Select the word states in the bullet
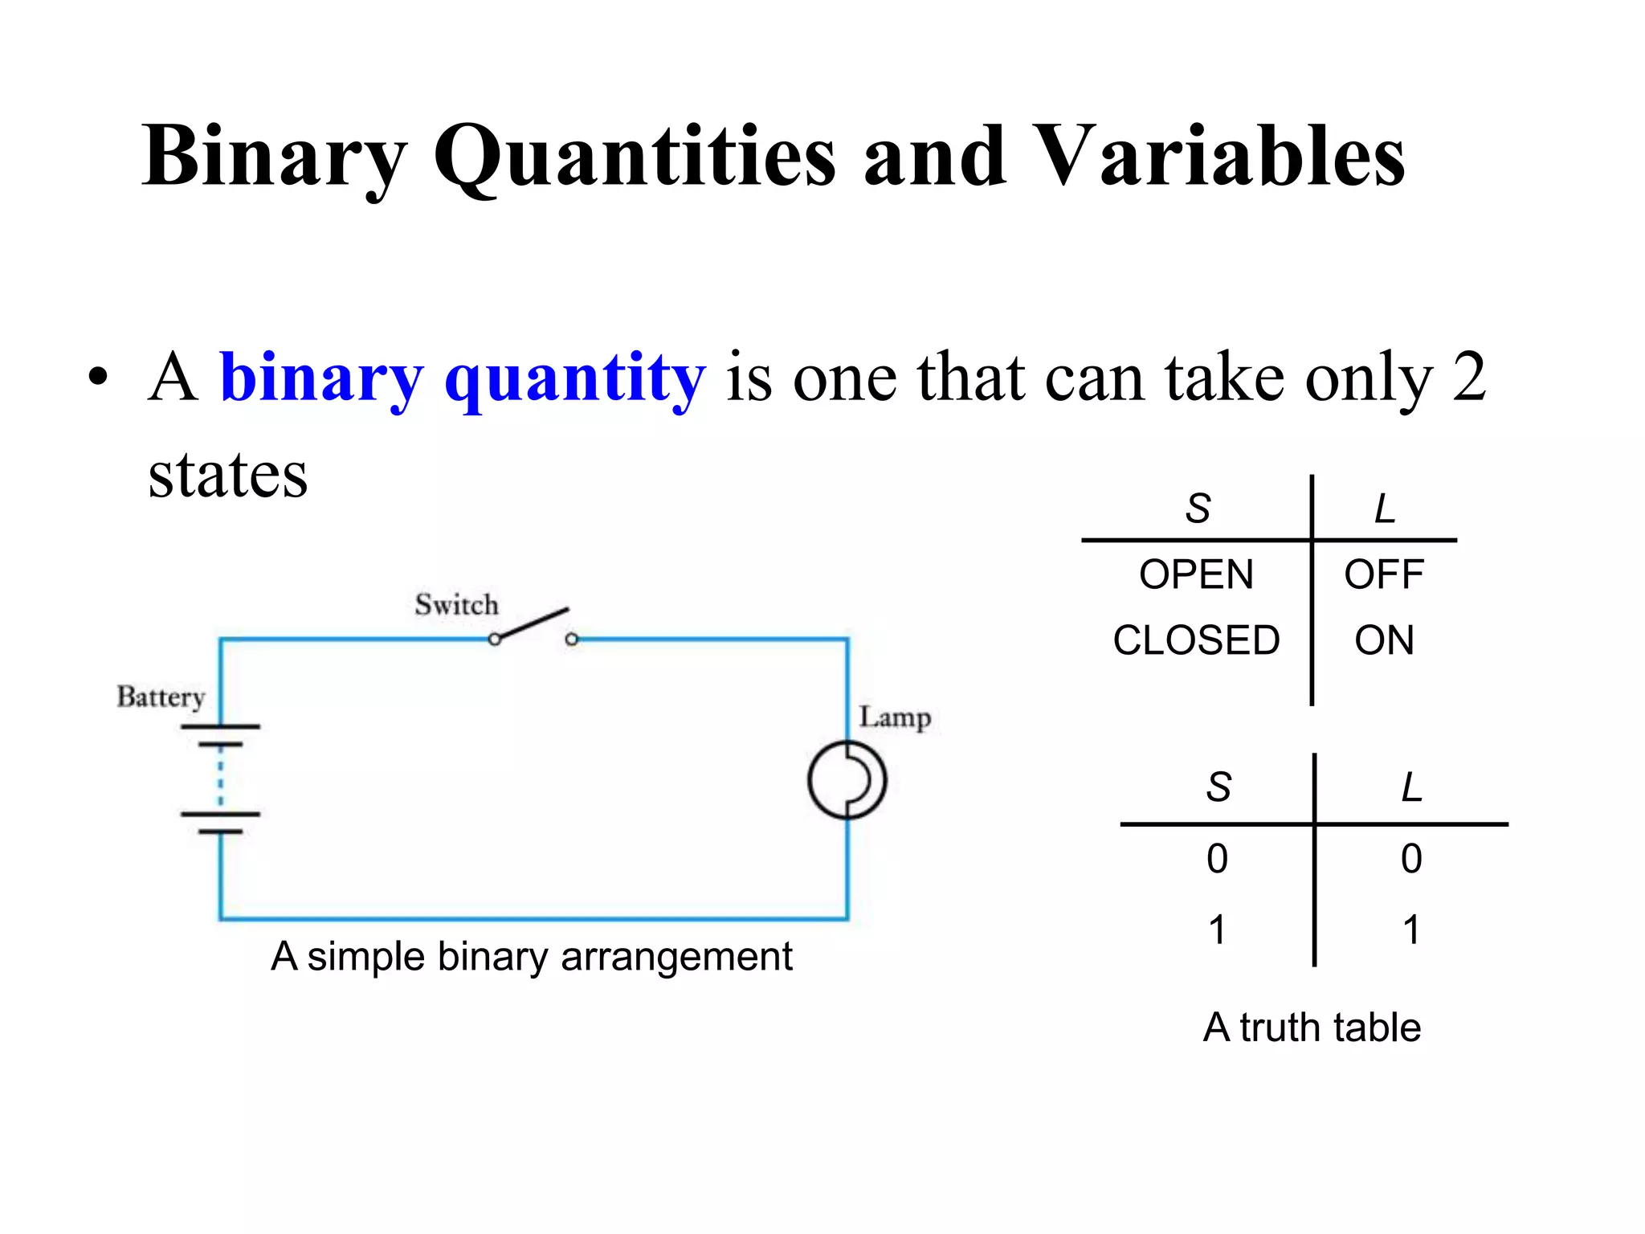point(228,475)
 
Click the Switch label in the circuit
point(456,604)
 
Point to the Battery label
point(161,696)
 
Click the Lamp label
point(895,717)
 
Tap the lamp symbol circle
point(847,780)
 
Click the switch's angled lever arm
point(533,623)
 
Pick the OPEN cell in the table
point(1196,575)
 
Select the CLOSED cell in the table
point(1196,640)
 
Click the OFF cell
point(1384,575)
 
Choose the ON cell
point(1384,640)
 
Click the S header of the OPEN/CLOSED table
point(1198,509)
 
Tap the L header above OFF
point(1385,509)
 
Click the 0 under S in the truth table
point(1217,859)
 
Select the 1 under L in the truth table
point(1411,930)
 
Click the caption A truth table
point(1312,1028)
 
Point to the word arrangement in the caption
point(676,958)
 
